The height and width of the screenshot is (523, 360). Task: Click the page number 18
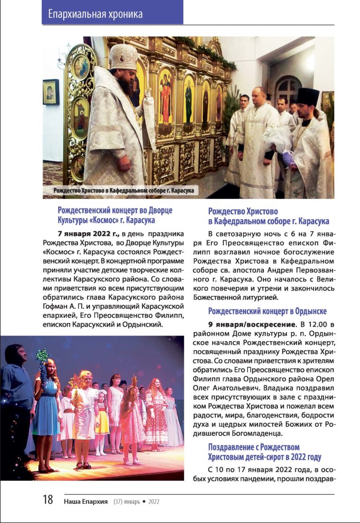click(x=48, y=500)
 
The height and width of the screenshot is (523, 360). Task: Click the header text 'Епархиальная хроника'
click(x=95, y=15)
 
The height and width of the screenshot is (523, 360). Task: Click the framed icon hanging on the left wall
click(x=51, y=91)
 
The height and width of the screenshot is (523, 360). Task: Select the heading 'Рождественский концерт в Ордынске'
click(x=267, y=311)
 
